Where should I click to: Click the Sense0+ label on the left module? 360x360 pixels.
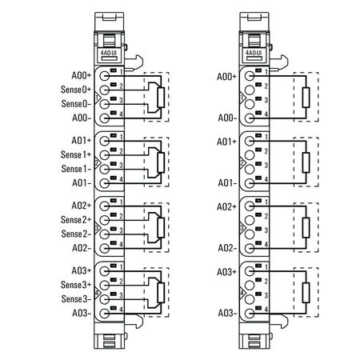tap(76, 90)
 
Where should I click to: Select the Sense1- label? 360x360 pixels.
tap(76, 169)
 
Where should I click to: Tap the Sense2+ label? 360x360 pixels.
tap(76, 220)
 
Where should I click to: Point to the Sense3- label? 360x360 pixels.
tap(76, 299)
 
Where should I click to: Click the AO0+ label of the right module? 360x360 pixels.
tap(226, 77)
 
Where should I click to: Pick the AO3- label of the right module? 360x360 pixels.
tap(227, 313)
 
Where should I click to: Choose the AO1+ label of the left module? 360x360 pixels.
tap(82, 141)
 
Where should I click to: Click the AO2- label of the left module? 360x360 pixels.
tap(82, 248)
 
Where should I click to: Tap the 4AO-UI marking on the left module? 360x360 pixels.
tap(109, 53)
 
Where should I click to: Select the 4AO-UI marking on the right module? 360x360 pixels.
tap(254, 53)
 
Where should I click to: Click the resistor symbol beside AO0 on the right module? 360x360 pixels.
tap(306, 98)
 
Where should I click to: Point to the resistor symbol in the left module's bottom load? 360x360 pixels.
tap(161, 293)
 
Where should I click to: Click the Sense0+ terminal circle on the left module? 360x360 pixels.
tap(105, 90)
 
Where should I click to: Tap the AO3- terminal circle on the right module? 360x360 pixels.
tap(250, 314)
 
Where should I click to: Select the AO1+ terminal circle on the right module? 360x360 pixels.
tap(250, 141)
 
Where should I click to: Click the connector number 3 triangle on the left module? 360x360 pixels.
tap(98, 227)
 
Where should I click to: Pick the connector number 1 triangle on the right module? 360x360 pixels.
tap(242, 98)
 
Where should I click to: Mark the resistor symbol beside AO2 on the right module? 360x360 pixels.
tap(306, 227)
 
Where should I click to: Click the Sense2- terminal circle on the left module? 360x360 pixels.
tap(105, 234)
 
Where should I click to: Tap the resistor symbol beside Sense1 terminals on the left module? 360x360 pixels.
tap(161, 162)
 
